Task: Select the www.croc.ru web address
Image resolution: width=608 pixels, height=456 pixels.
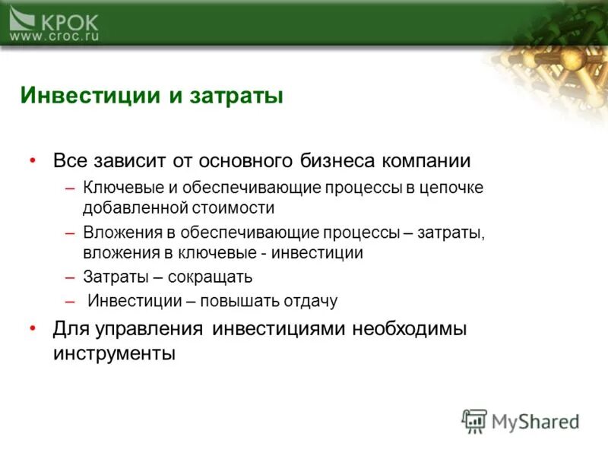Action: tap(54, 36)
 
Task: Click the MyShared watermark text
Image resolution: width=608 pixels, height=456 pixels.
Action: tap(535, 421)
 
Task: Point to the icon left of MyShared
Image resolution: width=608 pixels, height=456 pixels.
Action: tap(474, 421)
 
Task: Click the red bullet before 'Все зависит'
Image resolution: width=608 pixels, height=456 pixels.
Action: tap(32, 161)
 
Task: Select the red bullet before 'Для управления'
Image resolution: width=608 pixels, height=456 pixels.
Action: tap(32, 328)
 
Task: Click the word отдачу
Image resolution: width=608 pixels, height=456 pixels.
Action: tap(312, 301)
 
